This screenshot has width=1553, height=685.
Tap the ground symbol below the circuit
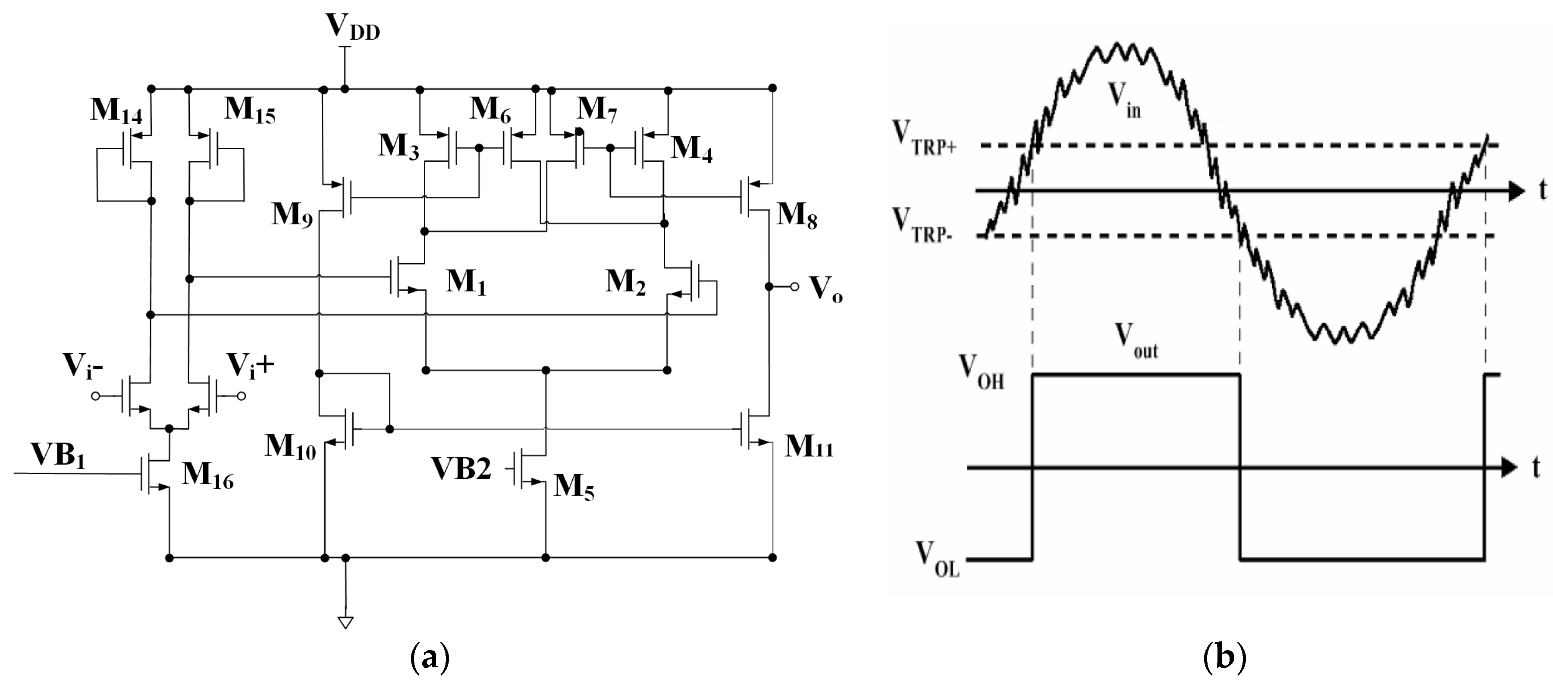345,622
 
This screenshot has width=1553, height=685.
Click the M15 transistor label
250,110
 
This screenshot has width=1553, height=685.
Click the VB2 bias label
461,468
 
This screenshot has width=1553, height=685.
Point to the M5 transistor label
573,487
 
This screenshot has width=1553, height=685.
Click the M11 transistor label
809,447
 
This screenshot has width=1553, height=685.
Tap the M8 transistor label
797,215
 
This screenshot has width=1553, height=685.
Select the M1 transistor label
465,282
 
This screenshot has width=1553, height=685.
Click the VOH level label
981,373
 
